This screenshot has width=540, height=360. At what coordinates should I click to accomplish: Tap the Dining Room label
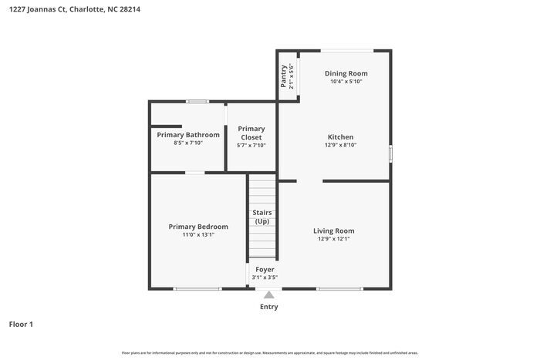[340, 73]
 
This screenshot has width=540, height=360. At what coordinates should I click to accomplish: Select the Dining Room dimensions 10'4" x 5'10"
[340, 82]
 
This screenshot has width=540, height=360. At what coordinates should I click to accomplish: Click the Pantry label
[283, 76]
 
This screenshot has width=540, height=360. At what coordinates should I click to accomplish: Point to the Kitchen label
[340, 136]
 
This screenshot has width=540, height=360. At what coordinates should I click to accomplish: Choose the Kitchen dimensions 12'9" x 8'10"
[340, 145]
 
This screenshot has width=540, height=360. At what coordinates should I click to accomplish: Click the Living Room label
[333, 230]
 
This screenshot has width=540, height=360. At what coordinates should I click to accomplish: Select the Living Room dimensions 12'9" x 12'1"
[333, 239]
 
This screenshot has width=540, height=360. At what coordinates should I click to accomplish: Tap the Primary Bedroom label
[198, 227]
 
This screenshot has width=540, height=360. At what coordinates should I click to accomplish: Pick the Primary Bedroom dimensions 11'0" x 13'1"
[198, 235]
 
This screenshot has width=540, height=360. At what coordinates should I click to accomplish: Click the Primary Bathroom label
[188, 135]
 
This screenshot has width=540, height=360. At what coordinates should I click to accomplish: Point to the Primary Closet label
[251, 133]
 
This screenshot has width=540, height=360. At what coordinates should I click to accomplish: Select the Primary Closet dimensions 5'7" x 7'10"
[251, 145]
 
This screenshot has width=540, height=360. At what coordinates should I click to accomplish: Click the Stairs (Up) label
[262, 217]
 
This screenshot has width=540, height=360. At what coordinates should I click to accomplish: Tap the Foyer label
[264, 269]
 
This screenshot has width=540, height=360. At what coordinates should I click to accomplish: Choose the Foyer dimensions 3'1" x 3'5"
[264, 278]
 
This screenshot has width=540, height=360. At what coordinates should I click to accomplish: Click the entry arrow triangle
[268, 294]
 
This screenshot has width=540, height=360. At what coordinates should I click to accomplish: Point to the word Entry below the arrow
[268, 307]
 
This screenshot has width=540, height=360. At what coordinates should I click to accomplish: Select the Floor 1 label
[21, 324]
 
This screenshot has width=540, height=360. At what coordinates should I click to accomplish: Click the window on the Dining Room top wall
[347, 51]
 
